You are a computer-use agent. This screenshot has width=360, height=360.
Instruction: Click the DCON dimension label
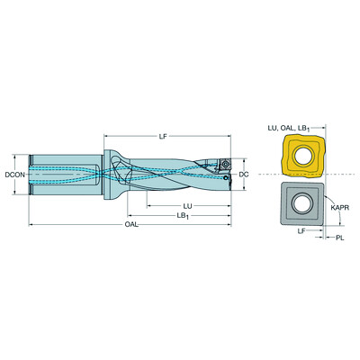[15, 175]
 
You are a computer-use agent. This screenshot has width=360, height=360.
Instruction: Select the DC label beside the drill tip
[244, 175]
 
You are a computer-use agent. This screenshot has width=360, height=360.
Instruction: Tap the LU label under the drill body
[188, 206]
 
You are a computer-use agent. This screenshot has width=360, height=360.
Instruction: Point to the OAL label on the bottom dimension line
[131, 224]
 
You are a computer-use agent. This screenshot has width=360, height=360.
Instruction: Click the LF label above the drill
[163, 137]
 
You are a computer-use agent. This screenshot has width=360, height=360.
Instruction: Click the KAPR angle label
[340, 208]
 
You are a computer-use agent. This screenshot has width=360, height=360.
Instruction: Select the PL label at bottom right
[339, 238]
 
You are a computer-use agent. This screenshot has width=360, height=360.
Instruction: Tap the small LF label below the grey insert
[301, 230]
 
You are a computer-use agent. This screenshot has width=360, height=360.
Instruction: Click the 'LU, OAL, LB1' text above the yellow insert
[289, 129]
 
